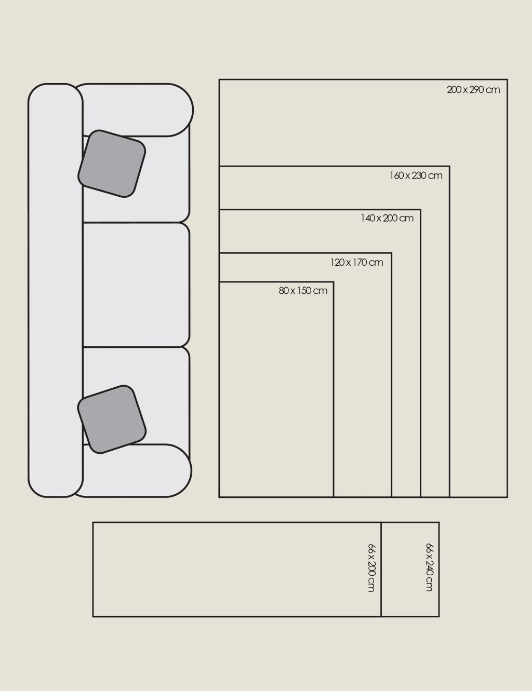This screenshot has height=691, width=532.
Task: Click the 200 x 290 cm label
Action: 473,90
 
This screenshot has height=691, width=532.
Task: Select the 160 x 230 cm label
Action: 416,175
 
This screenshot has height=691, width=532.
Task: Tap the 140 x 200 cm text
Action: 387,218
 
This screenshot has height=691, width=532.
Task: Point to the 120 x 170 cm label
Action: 357,262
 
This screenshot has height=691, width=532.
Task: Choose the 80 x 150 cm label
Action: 303,291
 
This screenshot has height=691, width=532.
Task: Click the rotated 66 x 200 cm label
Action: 371,567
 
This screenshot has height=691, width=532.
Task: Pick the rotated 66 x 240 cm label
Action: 430,567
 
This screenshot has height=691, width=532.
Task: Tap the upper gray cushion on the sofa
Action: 112,164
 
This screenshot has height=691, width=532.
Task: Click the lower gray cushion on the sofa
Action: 112,419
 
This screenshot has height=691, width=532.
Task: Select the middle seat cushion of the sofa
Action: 136,284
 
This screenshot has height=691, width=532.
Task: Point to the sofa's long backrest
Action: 56,290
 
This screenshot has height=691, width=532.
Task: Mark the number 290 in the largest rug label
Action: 476,90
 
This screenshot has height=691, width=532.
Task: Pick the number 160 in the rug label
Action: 396,175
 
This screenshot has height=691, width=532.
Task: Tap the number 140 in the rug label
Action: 367,218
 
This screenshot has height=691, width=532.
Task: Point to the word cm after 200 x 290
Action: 493,90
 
